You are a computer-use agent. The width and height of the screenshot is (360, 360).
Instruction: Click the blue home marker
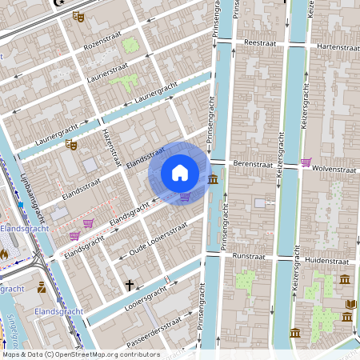click(x=180, y=172)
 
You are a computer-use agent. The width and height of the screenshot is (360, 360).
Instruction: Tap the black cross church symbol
click(x=129, y=284)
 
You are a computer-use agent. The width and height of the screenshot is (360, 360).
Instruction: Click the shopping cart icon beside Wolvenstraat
click(x=306, y=162)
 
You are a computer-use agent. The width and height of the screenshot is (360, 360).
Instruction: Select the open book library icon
click(x=350, y=305)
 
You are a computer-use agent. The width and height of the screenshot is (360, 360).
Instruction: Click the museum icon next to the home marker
click(x=213, y=179)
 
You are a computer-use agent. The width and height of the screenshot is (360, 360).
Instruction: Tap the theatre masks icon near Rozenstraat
click(x=78, y=16)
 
